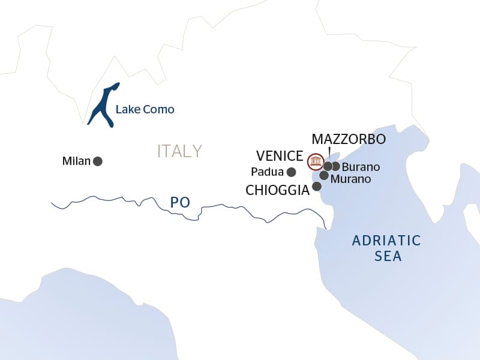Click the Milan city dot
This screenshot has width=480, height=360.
[98, 161]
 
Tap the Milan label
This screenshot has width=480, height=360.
[76, 161]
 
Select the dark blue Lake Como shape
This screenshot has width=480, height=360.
[103, 105]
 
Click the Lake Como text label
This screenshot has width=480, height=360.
[145, 110]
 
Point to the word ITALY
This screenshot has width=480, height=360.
[179, 151]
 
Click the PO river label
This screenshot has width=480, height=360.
[180, 202]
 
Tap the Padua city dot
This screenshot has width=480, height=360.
[292, 172]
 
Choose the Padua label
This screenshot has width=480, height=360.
[268, 172]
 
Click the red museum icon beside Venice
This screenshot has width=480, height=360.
[314, 161]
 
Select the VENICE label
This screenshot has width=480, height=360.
[279, 156]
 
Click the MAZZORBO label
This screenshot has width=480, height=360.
[349, 139]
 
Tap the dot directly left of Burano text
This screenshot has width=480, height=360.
[336, 166]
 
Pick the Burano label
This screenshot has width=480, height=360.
[361, 167]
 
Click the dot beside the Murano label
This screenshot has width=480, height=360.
[324, 176]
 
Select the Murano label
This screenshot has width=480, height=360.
[351, 179]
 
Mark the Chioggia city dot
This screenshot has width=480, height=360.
[317, 187]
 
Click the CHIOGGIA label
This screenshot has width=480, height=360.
[277, 190]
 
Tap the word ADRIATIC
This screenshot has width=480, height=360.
[386, 241]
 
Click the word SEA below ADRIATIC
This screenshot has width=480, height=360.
[387, 257]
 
